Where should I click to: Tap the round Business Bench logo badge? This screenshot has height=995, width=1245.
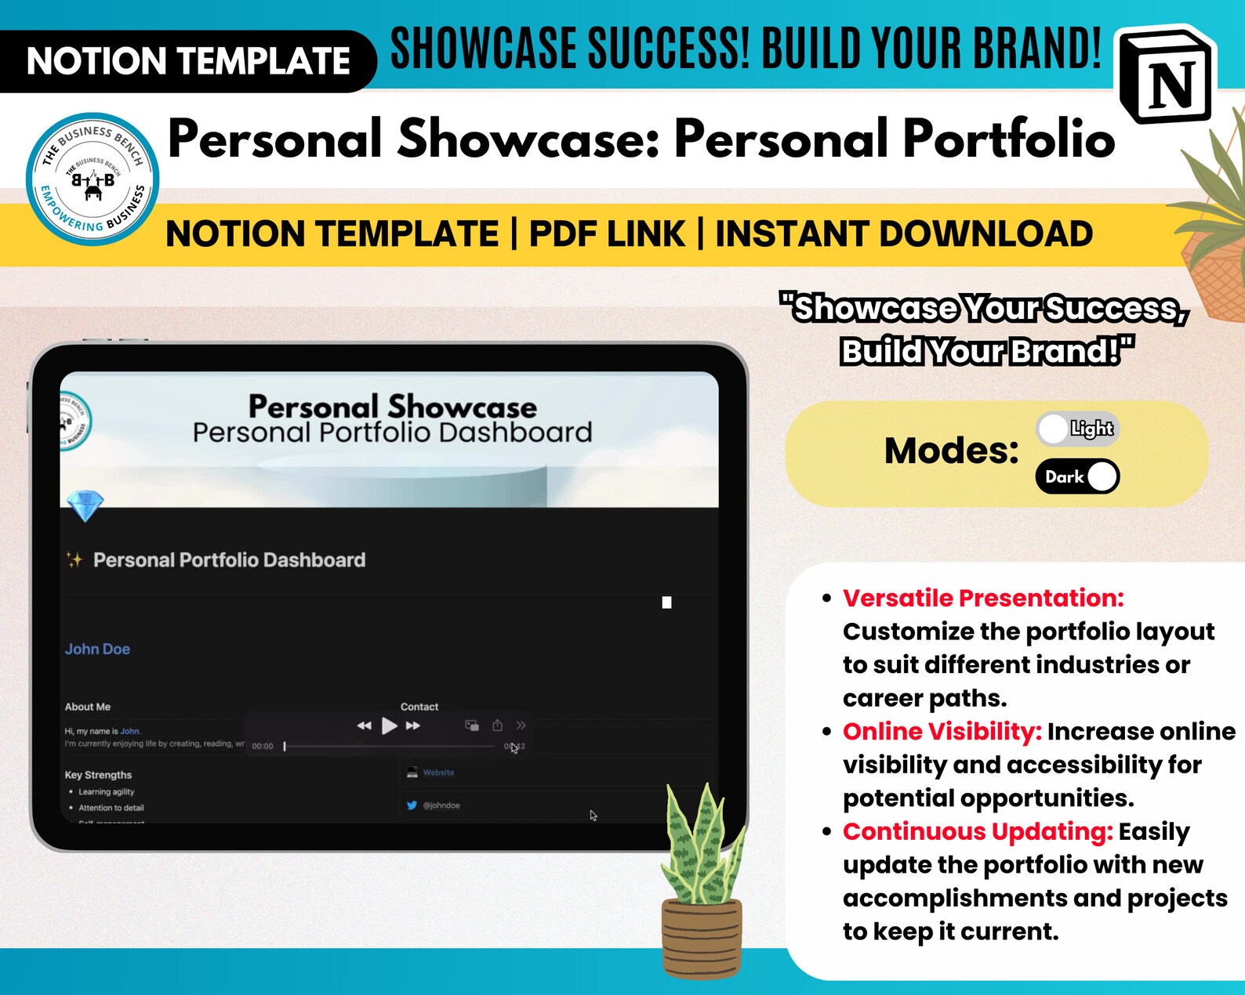pos(93,179)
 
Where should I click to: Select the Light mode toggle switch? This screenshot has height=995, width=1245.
pos(1077,429)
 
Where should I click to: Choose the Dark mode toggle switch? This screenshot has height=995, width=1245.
pos(1077,476)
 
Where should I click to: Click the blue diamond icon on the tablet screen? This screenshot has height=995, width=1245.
pos(85,506)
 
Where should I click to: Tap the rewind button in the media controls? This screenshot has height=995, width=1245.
pos(364,725)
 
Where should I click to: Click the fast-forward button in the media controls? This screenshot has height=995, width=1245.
pos(413,725)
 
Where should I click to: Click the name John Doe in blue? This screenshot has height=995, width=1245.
pos(97,649)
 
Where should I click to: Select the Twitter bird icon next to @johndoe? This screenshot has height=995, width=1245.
pos(412,805)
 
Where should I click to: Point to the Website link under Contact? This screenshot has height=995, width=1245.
pos(438,772)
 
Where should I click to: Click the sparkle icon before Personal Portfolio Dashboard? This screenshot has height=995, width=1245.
pos(74,559)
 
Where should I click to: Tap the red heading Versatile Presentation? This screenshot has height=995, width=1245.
pos(982,598)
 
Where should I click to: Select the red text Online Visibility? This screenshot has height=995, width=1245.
pos(942,731)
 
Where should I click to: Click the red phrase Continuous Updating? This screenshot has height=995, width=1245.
pos(977,831)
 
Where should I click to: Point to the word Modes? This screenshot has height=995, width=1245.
pos(951,450)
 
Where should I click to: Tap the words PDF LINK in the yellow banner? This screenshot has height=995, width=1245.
pos(607,234)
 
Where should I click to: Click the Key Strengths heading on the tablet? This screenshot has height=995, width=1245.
pos(98,775)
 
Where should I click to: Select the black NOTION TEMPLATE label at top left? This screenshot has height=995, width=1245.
pos(187,61)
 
